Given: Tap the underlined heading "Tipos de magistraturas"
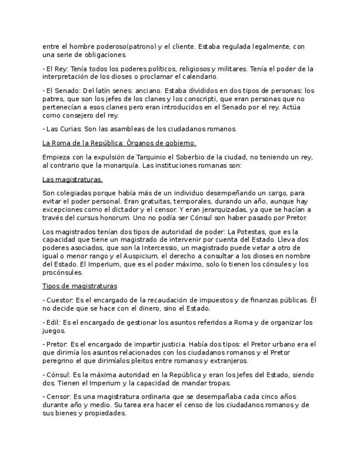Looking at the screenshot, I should point(79,286).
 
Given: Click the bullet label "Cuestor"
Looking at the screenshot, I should point(59,300).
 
